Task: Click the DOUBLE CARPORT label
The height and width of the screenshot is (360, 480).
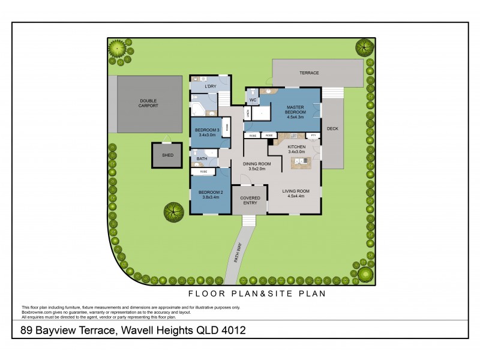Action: pos(149,103)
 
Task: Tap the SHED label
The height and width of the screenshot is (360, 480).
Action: pos(167,155)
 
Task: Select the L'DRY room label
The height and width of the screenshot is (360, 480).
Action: pos(210,87)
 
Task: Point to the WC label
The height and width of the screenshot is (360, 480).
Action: pos(253,100)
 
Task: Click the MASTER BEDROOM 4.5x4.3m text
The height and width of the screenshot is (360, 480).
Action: pos(295,112)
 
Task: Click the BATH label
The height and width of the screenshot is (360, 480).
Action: pos(202,159)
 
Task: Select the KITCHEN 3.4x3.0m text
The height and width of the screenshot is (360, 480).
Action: pos(296,149)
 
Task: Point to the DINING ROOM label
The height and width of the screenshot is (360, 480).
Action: pos(257,166)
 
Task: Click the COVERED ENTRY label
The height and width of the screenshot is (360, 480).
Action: pos(249,200)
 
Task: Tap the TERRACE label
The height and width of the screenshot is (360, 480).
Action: pos(309,73)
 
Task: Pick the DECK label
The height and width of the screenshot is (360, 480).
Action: pos(333,128)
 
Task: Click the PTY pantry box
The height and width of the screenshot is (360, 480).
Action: pos(313,136)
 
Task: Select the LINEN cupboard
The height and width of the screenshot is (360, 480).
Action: pos(247,113)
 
